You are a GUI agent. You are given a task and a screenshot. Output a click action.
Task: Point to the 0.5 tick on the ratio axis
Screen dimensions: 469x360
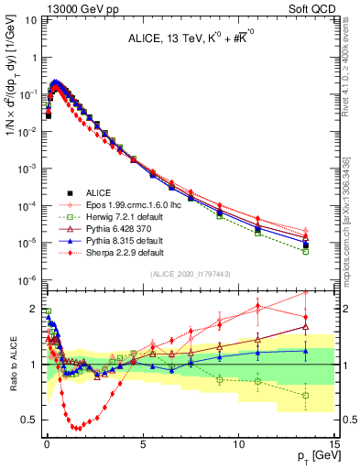click(x=29, y=420)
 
